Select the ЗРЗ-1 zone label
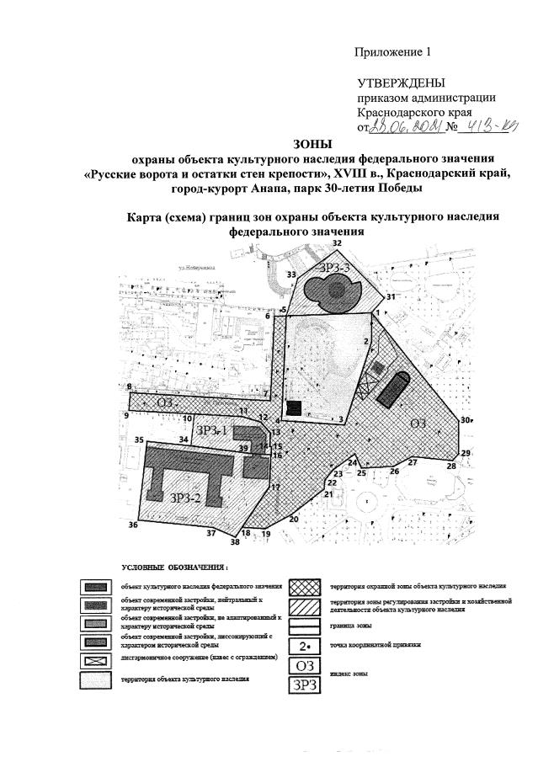pyautogui.click(x=212, y=430)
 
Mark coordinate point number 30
pyautogui.click(x=465, y=420)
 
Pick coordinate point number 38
pyautogui.click(x=235, y=542)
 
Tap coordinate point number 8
pyautogui.click(x=129, y=387)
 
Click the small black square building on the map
pyautogui.click(x=293, y=408)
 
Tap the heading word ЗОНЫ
pyautogui.click(x=312, y=142)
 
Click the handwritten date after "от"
pyautogui.click(x=403, y=127)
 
